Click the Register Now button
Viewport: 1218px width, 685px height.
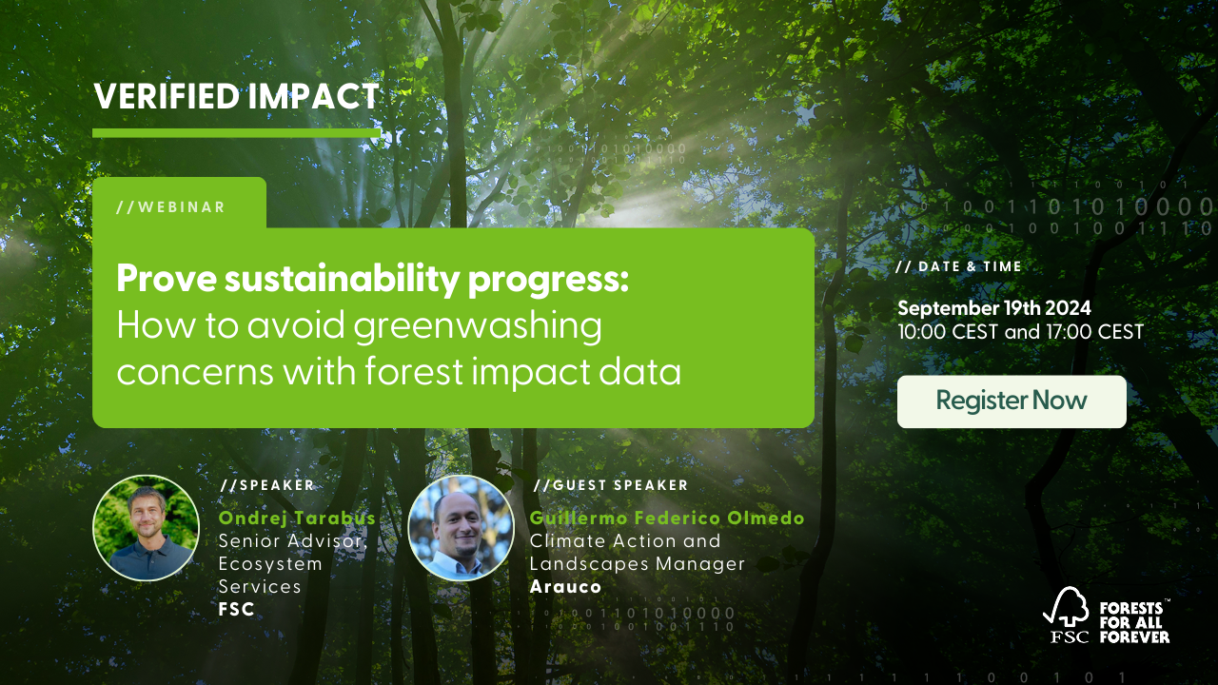[1012, 401]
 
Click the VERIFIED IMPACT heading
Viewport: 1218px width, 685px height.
[236, 96]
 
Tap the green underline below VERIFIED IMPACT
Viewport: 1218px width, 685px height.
[236, 133]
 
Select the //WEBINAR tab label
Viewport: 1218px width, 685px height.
[171, 207]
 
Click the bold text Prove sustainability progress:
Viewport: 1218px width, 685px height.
[372, 280]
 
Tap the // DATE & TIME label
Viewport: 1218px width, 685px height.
[959, 267]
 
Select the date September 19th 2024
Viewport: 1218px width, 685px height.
[993, 308]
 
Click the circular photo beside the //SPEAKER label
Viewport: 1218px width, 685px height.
[147, 528]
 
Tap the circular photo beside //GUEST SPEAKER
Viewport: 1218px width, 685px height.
[461, 528]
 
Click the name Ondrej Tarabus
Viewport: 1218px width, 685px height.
[297, 519]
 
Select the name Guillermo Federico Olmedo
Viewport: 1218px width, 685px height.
[666, 519]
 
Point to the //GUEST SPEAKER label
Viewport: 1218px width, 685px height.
[610, 485]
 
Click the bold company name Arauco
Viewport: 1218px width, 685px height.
[565, 587]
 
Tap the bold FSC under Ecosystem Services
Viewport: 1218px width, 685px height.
[237, 610]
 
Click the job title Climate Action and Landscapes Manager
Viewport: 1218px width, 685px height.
[637, 553]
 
